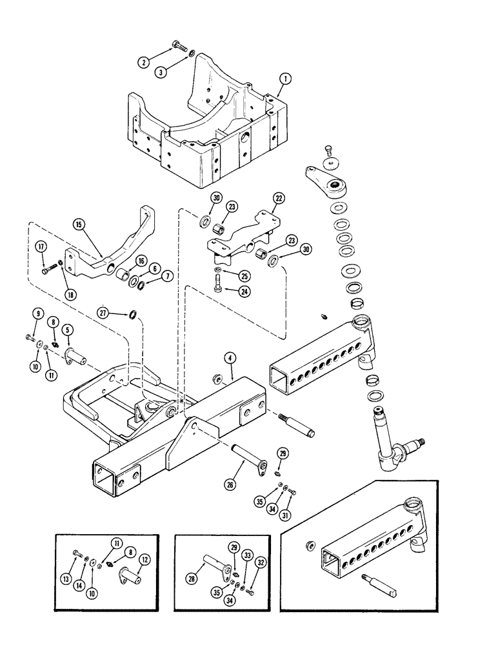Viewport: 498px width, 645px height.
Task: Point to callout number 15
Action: (78, 225)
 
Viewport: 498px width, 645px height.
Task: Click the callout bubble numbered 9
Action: (38, 314)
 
